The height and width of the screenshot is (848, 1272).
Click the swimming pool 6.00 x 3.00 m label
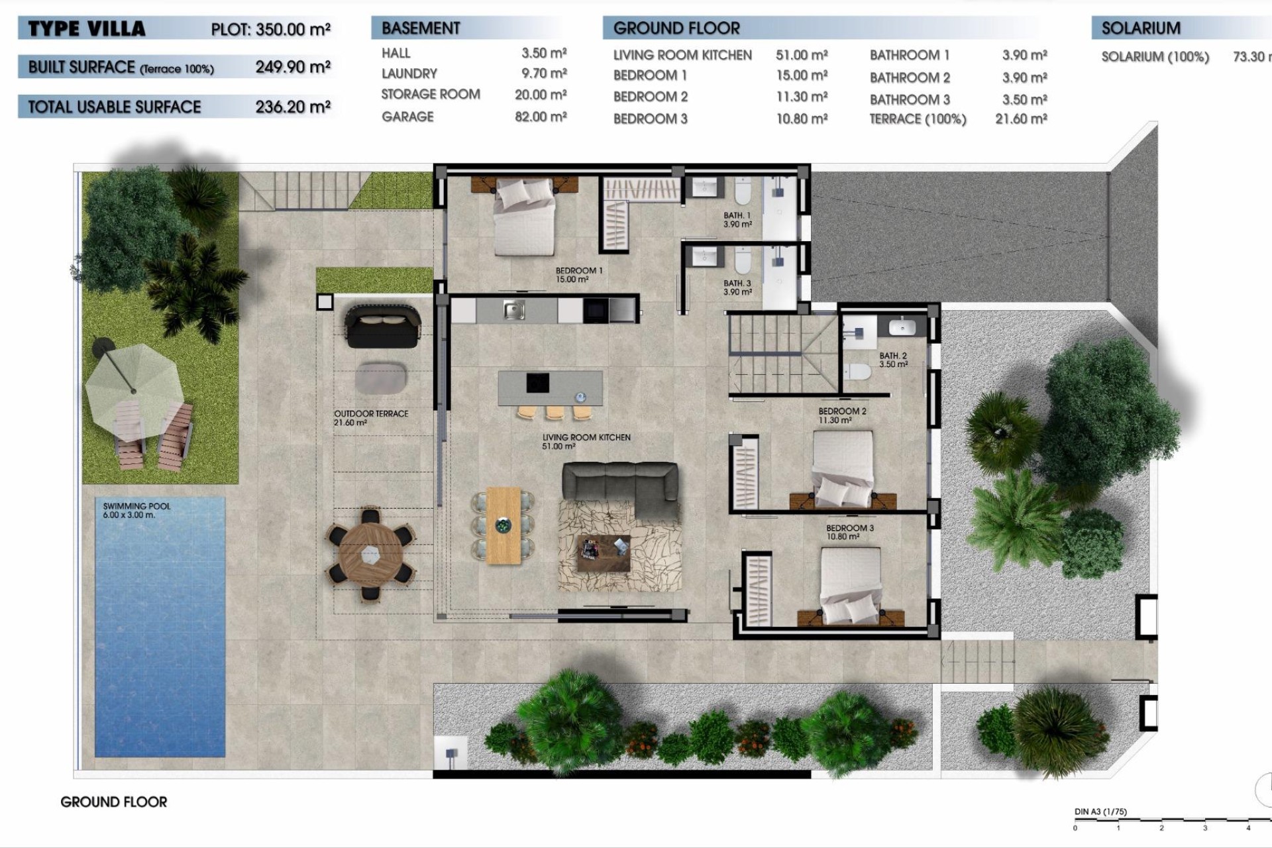(x=136, y=510)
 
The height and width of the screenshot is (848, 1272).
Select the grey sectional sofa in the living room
(x=619, y=487)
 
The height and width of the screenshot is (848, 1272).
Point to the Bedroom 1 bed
(x=525, y=217)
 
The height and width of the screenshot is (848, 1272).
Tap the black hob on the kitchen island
(x=537, y=383)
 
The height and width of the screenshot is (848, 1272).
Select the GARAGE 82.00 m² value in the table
(x=541, y=117)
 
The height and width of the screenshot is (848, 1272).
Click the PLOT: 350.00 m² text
(x=270, y=29)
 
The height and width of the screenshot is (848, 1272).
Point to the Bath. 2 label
(x=893, y=360)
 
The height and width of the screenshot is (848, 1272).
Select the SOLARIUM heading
(x=1141, y=28)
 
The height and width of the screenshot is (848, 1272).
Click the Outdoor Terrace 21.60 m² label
(x=371, y=418)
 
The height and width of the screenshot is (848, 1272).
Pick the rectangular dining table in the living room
(x=503, y=525)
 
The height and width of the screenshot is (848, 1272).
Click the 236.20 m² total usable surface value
(x=293, y=107)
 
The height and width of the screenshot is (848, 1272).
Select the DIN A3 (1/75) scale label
(x=1100, y=812)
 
